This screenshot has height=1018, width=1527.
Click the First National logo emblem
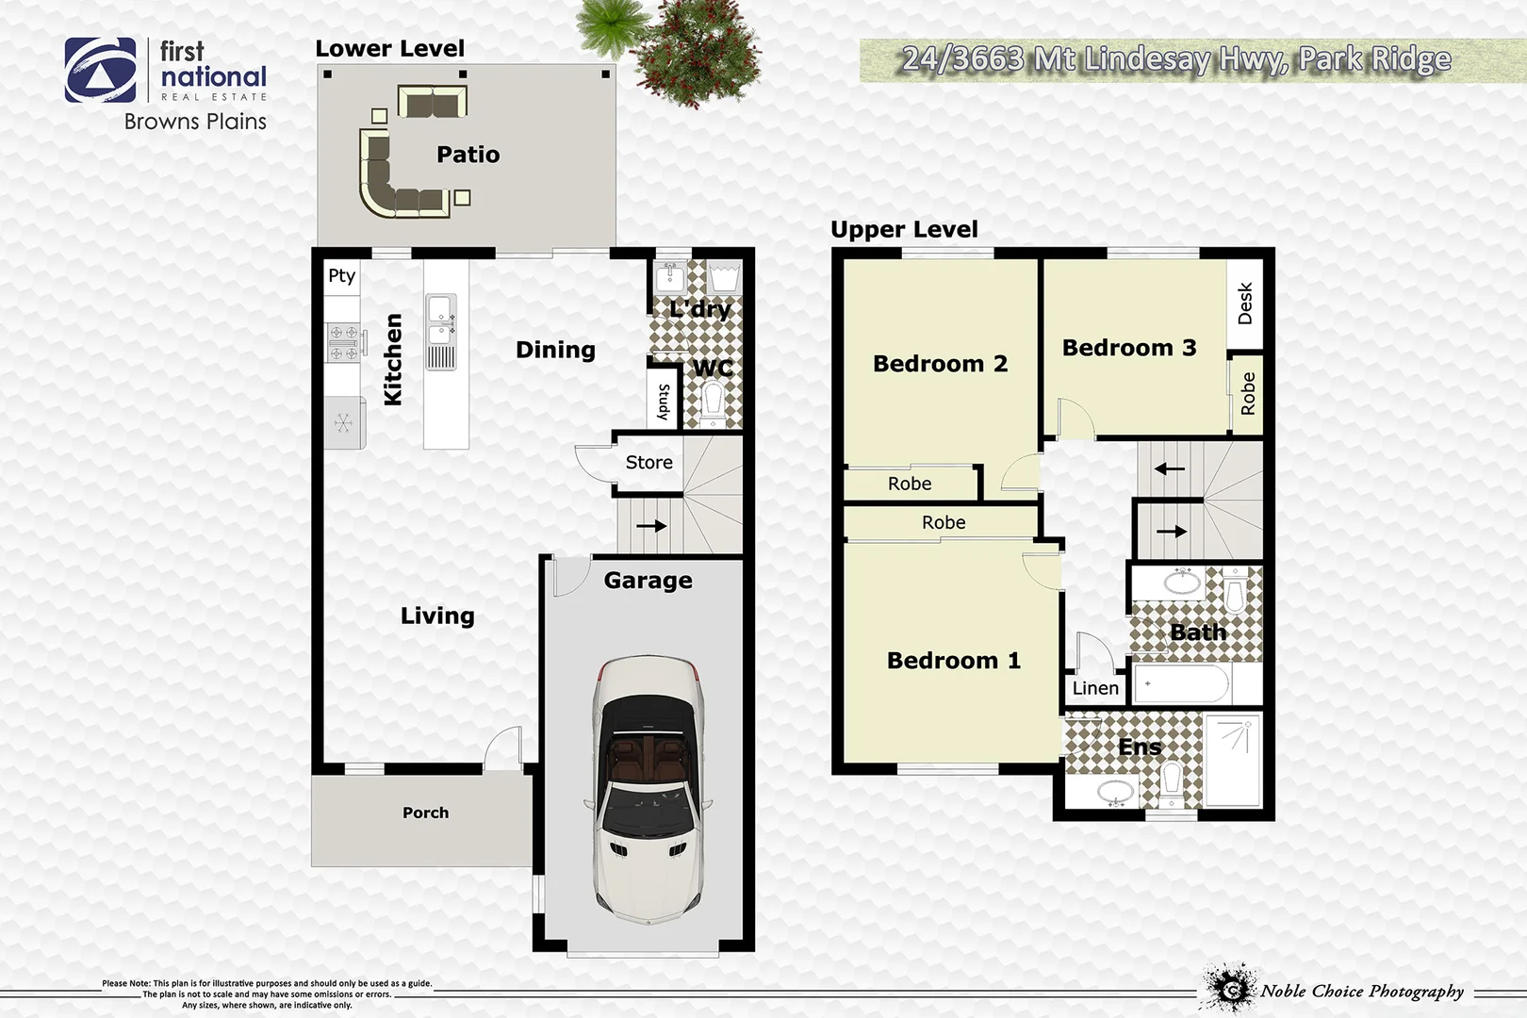(x=100, y=71)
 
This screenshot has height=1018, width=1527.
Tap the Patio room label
(x=468, y=155)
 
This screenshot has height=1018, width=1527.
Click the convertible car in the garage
(x=648, y=790)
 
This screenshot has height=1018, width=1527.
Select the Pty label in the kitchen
(x=341, y=276)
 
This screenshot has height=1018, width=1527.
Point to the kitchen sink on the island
(x=440, y=320)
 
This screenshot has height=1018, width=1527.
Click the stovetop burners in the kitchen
(x=344, y=342)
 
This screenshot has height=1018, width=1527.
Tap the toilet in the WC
(x=713, y=405)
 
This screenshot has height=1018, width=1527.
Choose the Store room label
(x=649, y=463)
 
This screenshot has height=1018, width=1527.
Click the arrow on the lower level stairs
(x=651, y=526)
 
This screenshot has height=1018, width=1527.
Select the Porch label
(x=425, y=813)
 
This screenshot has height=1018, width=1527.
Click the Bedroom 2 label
(x=940, y=364)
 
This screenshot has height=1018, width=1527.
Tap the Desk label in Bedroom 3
(x=1245, y=304)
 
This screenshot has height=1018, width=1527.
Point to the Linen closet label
(x=1095, y=688)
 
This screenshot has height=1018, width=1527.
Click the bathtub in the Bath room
(x=1181, y=683)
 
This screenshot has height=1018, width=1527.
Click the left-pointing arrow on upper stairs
(x=1170, y=468)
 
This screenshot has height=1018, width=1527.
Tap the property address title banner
(x=1176, y=60)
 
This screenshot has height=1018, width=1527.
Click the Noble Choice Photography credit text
(x=1361, y=991)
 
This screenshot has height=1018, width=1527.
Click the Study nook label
(x=664, y=402)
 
